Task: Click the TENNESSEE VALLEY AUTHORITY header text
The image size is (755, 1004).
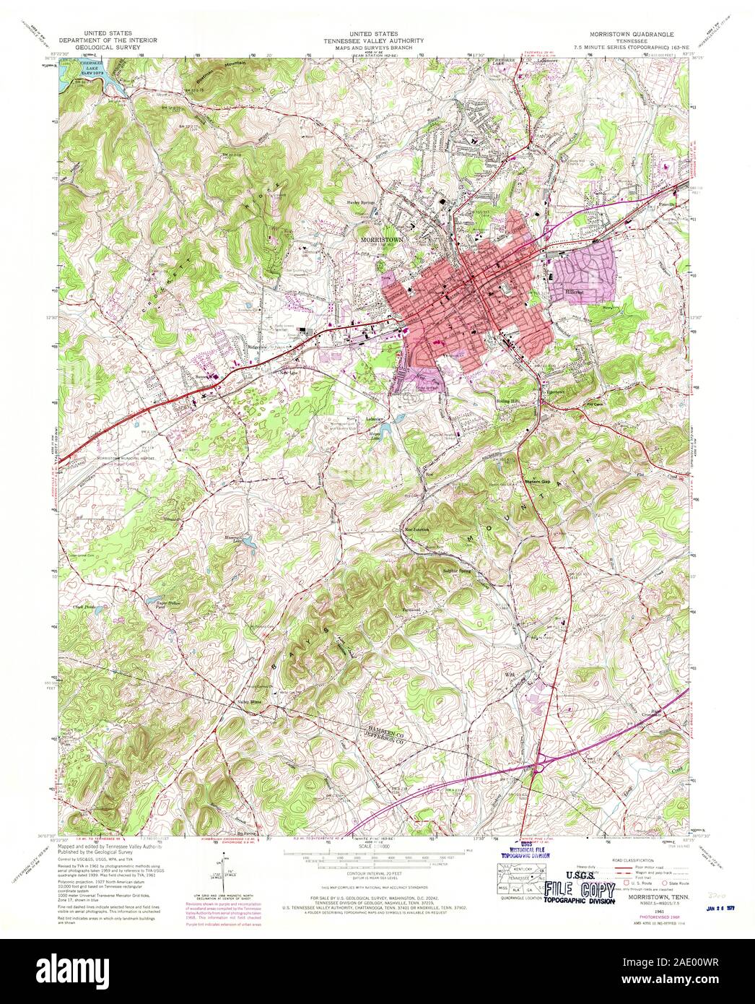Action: [377, 41]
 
